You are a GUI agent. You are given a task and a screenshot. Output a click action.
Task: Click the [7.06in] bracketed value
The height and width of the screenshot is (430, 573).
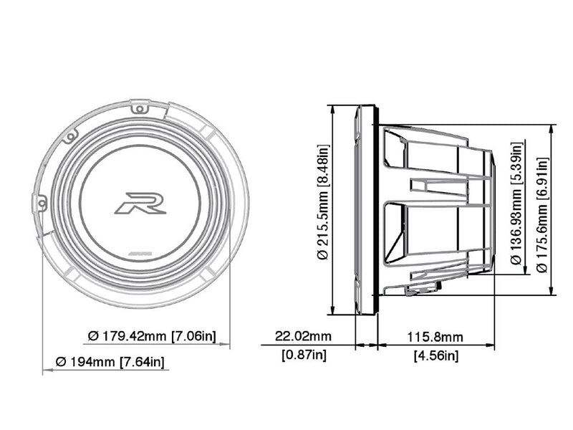point(195,335)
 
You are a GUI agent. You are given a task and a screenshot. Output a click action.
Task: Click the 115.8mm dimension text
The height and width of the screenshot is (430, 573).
point(435,336)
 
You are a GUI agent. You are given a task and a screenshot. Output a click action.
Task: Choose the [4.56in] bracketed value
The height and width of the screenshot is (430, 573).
point(435,355)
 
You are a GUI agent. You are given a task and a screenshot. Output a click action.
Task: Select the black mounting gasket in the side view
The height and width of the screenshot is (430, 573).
point(372,209)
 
